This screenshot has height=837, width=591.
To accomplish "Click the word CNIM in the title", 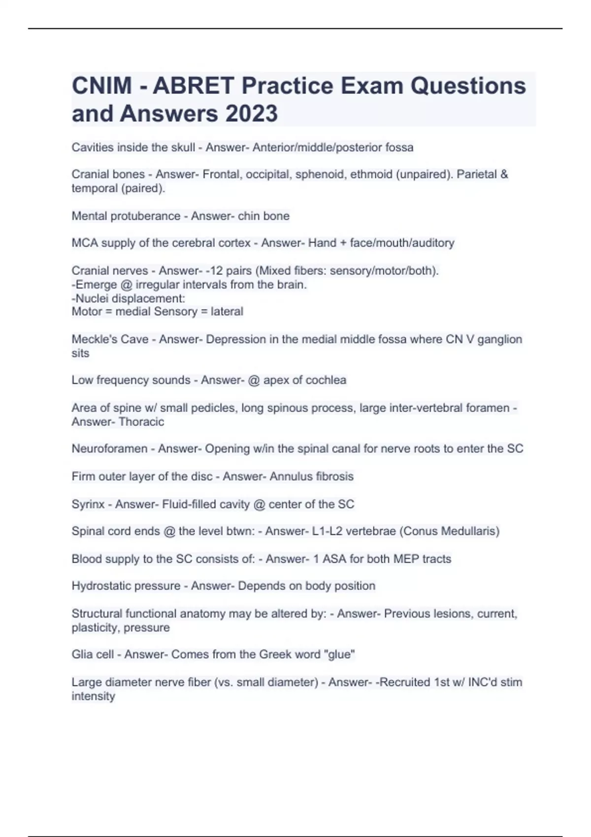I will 101,86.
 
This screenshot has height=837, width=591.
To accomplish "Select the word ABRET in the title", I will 193,86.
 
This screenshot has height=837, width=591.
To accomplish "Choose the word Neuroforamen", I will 109,449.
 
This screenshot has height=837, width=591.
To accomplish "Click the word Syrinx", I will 88,504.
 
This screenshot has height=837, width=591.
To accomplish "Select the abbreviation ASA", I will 334,559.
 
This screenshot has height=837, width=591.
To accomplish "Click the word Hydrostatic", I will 101,586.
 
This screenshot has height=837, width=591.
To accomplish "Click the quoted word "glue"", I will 339,654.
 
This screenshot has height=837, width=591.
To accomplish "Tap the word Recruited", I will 402,682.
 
